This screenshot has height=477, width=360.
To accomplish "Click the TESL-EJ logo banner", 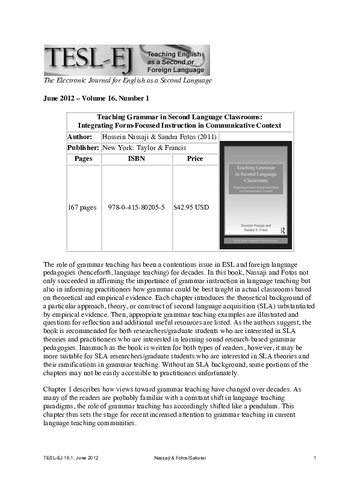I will click(126, 60).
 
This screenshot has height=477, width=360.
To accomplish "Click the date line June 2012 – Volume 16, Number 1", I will click(96, 98).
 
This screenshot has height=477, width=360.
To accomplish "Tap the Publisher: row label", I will click(83, 148).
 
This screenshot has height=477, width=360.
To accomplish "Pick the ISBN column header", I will click(137, 159).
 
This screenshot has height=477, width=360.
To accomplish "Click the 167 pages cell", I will click(82, 208).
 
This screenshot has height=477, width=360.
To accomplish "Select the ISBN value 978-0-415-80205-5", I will click(136, 208).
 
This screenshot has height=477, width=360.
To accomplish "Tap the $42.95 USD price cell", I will click(191, 208).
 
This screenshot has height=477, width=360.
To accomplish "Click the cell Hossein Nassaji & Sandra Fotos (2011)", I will click(155, 137).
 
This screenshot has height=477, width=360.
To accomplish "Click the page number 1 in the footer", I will click(315, 460).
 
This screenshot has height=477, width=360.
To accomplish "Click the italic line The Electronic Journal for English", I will click(128, 81).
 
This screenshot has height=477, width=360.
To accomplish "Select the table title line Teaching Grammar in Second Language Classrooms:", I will click(179, 117).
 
